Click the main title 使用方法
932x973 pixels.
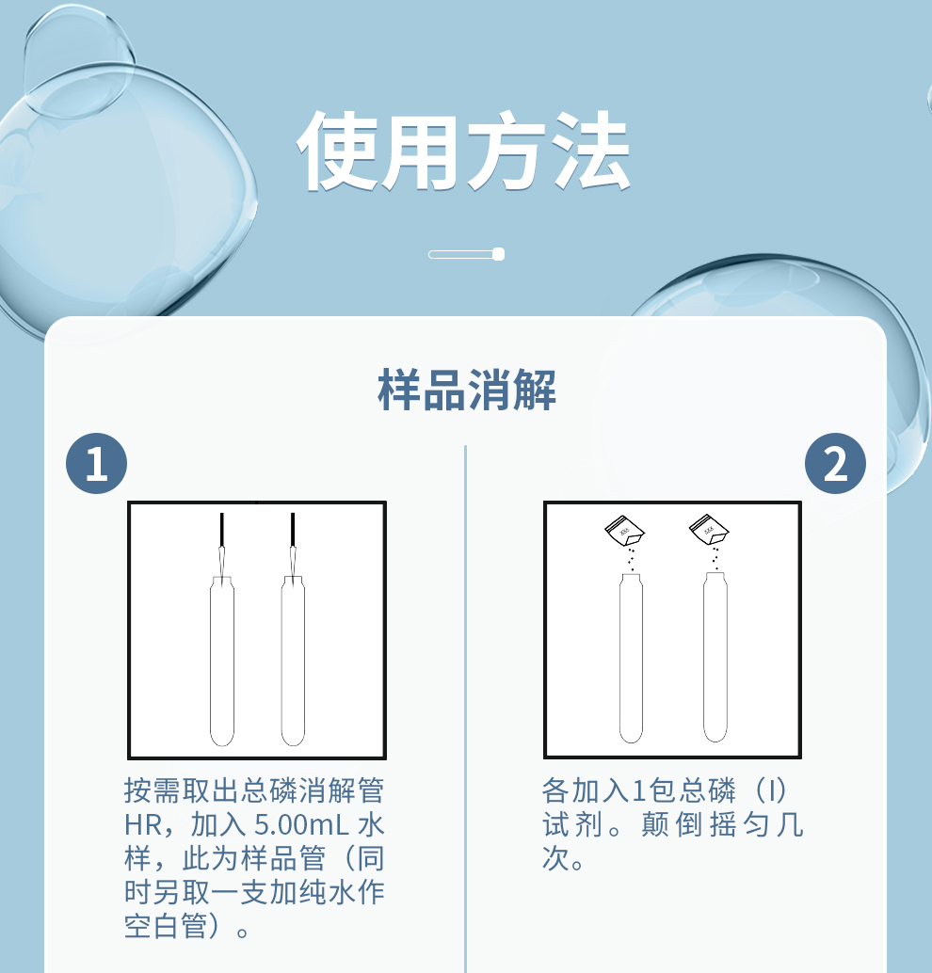(x=464, y=151)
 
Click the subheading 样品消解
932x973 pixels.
(x=466, y=390)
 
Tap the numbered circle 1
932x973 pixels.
(x=96, y=463)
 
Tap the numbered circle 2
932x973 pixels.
(x=835, y=463)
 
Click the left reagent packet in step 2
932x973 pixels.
(x=624, y=531)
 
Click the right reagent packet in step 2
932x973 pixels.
(x=709, y=530)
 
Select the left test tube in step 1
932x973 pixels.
(x=221, y=661)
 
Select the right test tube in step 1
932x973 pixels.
(x=293, y=661)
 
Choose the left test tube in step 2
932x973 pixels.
(x=631, y=658)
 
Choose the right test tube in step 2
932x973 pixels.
(x=715, y=658)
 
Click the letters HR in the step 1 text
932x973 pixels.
(x=143, y=824)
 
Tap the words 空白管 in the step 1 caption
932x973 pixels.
(x=165, y=926)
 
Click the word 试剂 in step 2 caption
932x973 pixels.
(x=571, y=824)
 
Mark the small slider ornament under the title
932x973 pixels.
(x=466, y=254)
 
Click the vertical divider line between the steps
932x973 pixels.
(x=465, y=709)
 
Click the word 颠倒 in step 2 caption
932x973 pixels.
(x=670, y=824)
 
